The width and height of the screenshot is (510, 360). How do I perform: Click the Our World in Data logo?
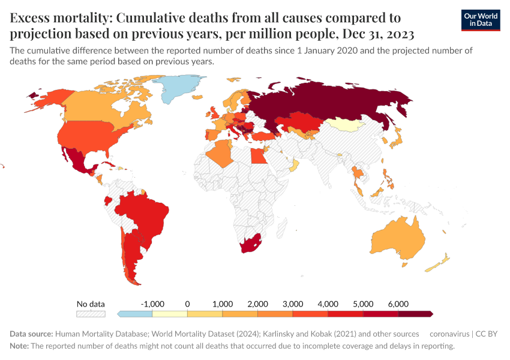click(480, 19)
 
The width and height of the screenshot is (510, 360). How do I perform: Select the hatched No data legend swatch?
click(91, 313)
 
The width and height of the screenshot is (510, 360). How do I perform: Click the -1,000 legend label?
click(152, 304)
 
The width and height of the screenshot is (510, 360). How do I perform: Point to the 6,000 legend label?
click(398, 304)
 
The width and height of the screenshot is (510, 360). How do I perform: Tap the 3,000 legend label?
click(293, 304)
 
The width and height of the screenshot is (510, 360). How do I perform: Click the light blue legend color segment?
click(136, 313)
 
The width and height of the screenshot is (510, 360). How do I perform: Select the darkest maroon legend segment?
click(415, 313)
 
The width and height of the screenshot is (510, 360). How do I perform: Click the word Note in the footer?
click(19, 346)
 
